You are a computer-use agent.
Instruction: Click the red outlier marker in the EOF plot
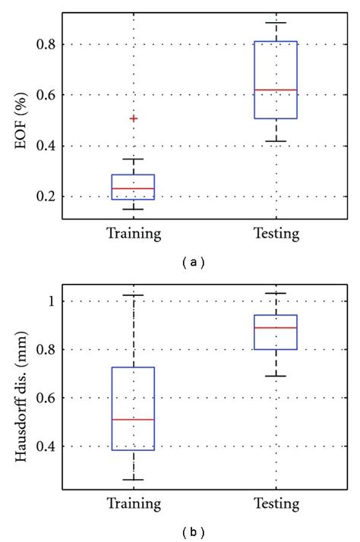click(134, 118)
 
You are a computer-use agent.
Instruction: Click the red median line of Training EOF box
click(134, 188)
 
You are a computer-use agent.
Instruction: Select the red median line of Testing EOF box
click(276, 90)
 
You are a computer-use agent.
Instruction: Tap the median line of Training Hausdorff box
click(134, 419)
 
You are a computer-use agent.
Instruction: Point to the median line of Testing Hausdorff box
click(276, 328)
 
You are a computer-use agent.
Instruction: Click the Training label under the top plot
click(134, 234)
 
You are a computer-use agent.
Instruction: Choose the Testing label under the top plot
click(276, 234)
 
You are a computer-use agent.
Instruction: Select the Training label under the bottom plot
click(134, 504)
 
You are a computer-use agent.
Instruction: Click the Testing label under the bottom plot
click(276, 504)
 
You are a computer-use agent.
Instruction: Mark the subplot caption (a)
click(194, 262)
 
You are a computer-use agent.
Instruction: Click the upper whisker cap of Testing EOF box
click(276, 23)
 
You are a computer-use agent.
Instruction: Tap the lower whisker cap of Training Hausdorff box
click(134, 480)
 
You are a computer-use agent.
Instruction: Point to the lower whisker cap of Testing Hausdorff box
click(276, 376)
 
